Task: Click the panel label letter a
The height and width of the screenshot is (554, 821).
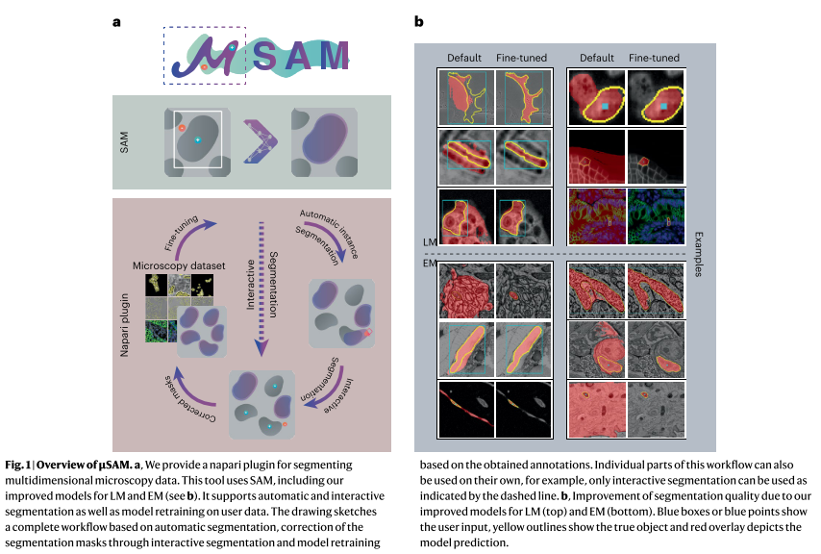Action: click(116, 20)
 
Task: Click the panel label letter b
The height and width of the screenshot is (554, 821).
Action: click(419, 20)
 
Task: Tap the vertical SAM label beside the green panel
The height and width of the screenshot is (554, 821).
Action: click(124, 141)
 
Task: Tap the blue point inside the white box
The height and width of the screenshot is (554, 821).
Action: click(198, 140)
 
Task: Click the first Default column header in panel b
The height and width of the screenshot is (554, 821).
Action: click(463, 58)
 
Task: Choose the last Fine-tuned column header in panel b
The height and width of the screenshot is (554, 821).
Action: click(654, 58)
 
